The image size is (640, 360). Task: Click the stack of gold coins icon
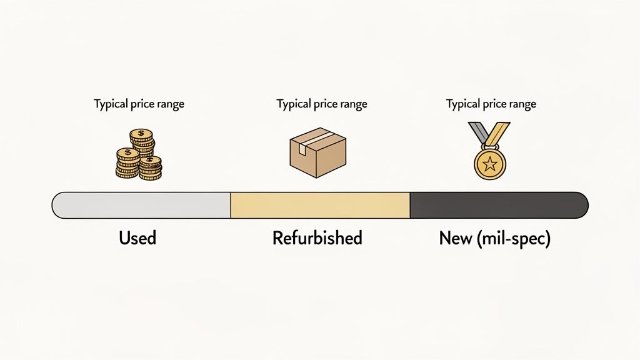(x=138, y=154)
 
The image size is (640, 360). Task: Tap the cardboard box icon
(x=317, y=153)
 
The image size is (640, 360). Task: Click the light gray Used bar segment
(x=141, y=206)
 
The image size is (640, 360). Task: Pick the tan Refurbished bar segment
(x=320, y=206)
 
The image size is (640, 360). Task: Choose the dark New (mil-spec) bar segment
(x=499, y=206)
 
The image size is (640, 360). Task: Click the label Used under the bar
(x=137, y=238)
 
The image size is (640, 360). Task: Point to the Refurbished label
(x=317, y=238)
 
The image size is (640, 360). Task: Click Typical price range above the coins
(x=139, y=104)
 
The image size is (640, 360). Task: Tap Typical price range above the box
(x=321, y=104)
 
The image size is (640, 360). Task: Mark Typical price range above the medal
(x=491, y=104)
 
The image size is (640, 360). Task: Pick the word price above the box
(x=325, y=104)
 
